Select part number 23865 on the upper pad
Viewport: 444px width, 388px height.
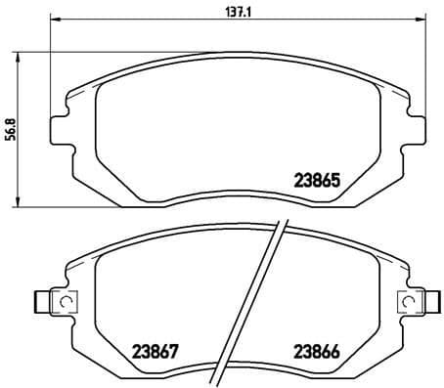pos(317,180)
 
